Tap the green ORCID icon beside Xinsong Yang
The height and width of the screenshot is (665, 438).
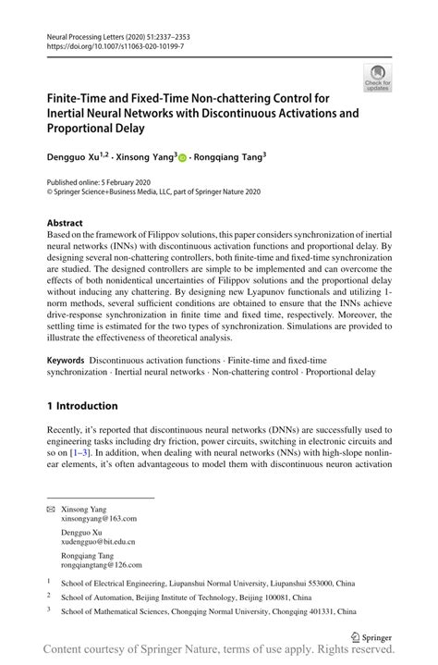click(x=182, y=157)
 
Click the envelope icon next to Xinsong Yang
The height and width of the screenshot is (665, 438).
click(x=51, y=510)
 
